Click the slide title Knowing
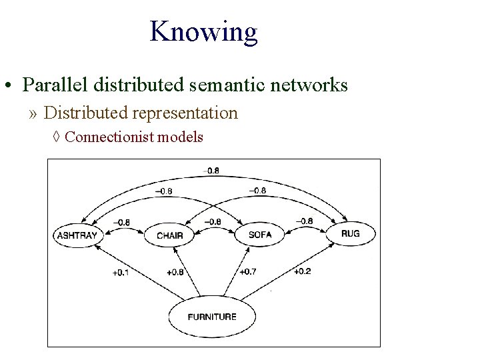[203, 31]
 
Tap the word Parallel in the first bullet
[55, 85]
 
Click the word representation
[185, 113]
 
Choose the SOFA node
[259, 235]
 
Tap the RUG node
[350, 233]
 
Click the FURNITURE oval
[212, 316]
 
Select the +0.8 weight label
[175, 272]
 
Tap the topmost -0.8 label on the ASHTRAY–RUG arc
[211, 171]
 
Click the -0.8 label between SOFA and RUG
[303, 221]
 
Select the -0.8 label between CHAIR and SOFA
[213, 221]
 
